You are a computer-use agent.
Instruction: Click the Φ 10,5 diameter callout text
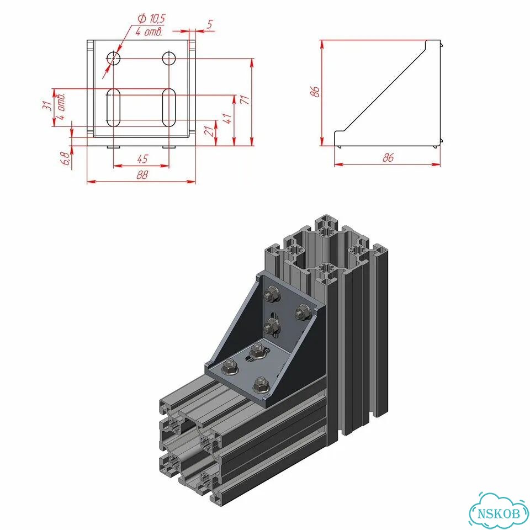tap(151, 18)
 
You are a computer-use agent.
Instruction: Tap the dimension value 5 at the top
tap(210, 24)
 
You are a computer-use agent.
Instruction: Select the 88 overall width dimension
tap(142, 175)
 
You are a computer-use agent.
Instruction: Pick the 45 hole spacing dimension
tap(142, 159)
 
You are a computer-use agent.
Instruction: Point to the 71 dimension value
tap(245, 100)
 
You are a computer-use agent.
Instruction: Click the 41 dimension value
tap(227, 119)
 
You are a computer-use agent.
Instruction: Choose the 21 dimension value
tap(210, 130)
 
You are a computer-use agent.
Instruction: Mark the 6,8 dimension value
tap(65, 158)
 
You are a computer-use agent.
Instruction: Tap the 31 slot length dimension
tap(49, 106)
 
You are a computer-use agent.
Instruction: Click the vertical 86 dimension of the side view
tap(315, 92)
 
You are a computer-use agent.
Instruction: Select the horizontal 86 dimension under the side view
tap(388, 157)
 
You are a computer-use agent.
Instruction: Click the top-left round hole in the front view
tap(114, 58)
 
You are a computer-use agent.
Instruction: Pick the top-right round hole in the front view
tap(169, 58)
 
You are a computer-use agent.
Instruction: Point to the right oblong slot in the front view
tap(169, 108)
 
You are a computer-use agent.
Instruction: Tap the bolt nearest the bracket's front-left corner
tap(230, 368)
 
